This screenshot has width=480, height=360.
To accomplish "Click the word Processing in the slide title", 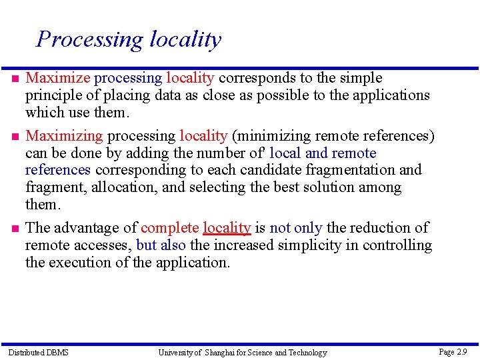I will tap(89, 40).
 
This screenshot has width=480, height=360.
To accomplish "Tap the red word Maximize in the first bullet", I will tap(57, 78).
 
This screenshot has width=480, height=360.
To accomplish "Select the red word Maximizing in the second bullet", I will tap(64, 136).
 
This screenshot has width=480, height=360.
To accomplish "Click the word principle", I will tap(53, 95).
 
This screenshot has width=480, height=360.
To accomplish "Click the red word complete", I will tap(170, 228).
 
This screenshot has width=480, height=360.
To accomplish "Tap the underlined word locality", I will tap(227, 228).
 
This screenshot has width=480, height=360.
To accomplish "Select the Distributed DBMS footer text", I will tap(38, 352).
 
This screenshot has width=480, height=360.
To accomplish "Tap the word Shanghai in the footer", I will tap(225, 352).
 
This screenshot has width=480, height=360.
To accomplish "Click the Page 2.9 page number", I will tap(453, 351).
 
